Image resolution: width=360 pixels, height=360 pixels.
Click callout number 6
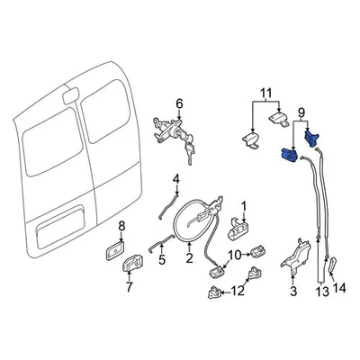[179, 103]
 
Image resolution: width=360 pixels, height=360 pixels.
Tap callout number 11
[265, 94]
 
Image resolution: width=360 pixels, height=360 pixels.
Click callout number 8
[123, 227]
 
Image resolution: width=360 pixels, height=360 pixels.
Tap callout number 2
[190, 258]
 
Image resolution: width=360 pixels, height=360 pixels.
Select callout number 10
[231, 256]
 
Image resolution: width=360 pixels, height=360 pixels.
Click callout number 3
[292, 292]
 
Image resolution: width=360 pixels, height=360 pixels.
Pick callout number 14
[339, 288]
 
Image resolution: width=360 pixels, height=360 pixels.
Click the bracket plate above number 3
[294, 256]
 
